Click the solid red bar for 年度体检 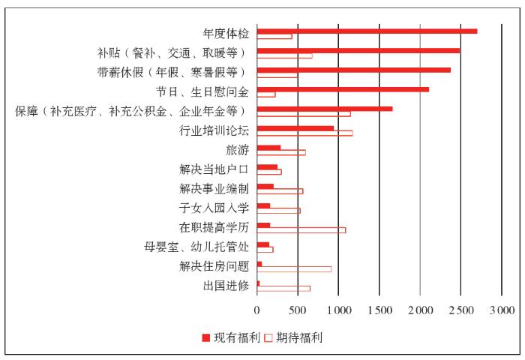[367, 31]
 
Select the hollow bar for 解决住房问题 [294, 268]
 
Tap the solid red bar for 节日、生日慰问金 [343, 89]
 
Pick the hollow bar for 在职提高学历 [301, 229]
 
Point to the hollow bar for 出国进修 [283, 288]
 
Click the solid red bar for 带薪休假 [353, 70]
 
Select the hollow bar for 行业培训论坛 [304, 133]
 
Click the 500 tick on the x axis [298, 310]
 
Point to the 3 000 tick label [501, 310]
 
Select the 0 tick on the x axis [257, 310]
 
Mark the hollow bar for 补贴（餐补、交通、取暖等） [284, 55]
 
